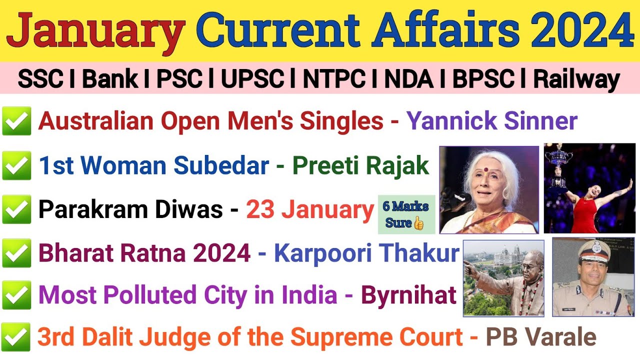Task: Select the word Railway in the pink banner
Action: [x=576, y=79]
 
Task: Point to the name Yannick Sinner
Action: [x=491, y=121]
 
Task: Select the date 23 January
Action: [x=310, y=210]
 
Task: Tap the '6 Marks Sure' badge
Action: [x=406, y=214]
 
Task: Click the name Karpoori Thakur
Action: [x=366, y=253]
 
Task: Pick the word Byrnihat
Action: [x=408, y=295]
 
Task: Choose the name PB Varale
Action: [x=541, y=337]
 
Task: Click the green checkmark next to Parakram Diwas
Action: [x=16, y=210]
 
